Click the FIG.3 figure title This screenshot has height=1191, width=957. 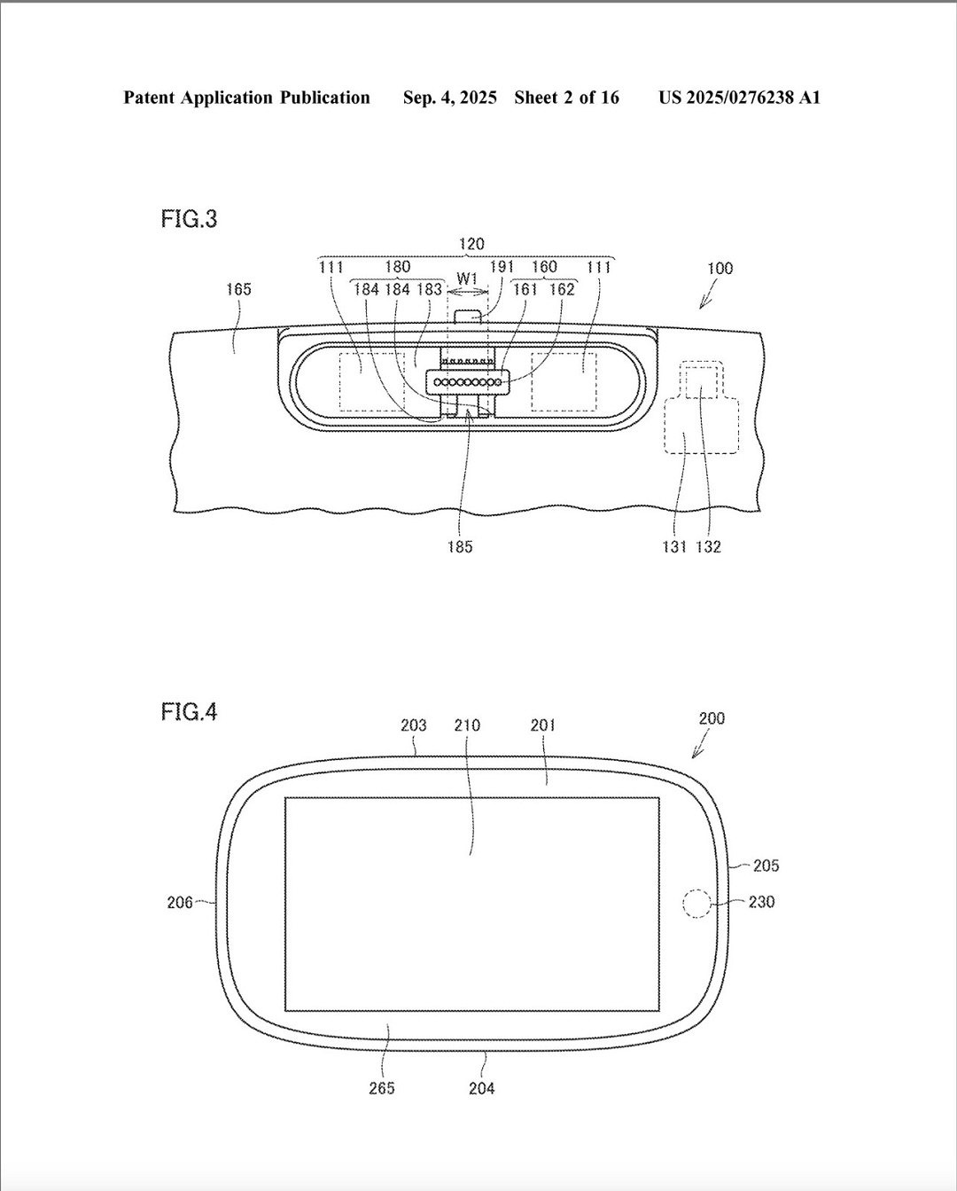pyautogui.click(x=190, y=219)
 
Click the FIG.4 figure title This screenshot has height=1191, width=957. pyautogui.click(x=190, y=712)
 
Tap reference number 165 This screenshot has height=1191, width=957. pyautogui.click(x=238, y=289)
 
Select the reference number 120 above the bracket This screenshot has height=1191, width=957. pyautogui.click(x=471, y=244)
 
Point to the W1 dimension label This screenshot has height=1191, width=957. pyautogui.click(x=468, y=278)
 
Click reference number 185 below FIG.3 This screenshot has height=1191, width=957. pyautogui.click(x=460, y=547)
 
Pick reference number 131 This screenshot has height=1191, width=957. pyautogui.click(x=674, y=547)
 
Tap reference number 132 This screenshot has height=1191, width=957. pyautogui.click(x=709, y=547)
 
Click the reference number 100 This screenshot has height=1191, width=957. pyautogui.click(x=720, y=269)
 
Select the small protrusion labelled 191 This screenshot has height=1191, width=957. pyautogui.click(x=468, y=317)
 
